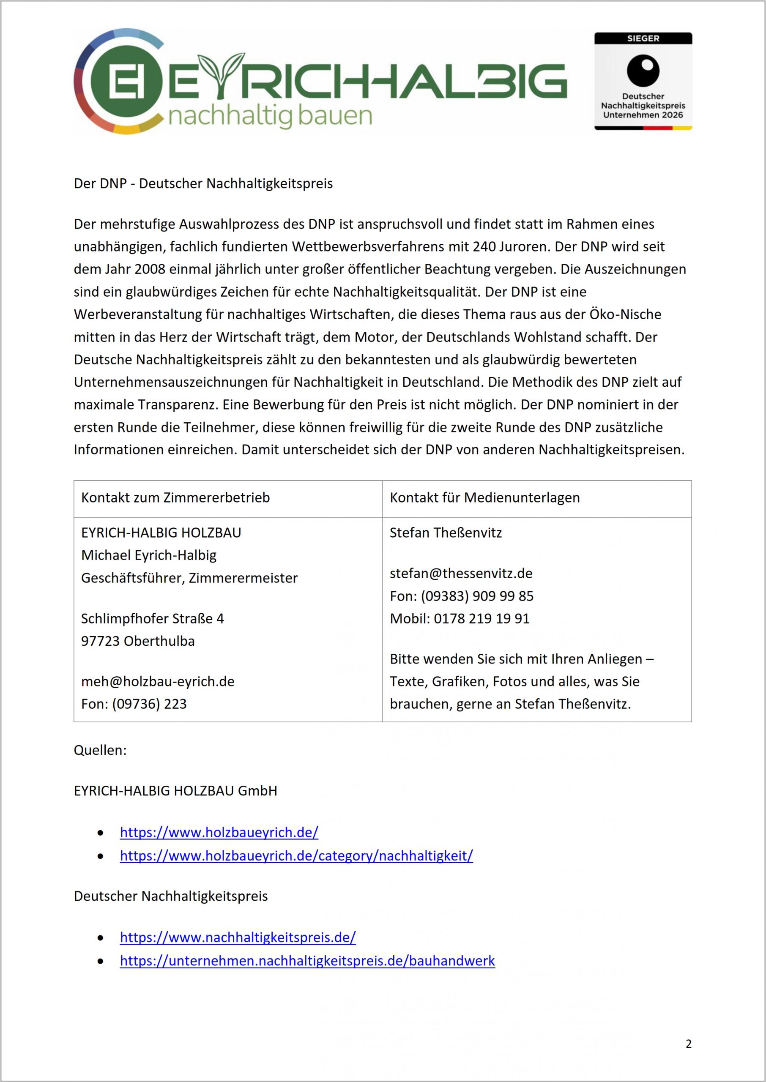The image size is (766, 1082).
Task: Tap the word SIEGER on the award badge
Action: (x=643, y=38)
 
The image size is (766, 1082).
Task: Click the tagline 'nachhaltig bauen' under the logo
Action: (x=270, y=115)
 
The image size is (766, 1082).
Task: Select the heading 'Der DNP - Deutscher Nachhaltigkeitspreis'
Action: (x=203, y=183)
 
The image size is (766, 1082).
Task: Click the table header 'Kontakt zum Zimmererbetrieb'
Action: (x=175, y=498)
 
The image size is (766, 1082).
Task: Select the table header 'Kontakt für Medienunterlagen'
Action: (x=484, y=498)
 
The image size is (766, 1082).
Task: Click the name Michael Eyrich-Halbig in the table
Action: (x=148, y=555)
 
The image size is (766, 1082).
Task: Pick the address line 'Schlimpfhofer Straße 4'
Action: (x=152, y=618)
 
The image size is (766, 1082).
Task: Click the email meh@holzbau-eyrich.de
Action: (x=158, y=681)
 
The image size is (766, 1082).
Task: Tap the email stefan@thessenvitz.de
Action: (x=461, y=573)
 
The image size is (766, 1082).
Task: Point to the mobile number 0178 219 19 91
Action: (x=481, y=618)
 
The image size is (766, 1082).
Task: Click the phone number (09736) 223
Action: (x=149, y=704)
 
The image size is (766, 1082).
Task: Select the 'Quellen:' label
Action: (x=100, y=750)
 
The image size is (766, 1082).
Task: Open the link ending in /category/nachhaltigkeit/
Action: (x=296, y=856)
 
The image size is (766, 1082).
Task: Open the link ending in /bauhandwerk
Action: (x=307, y=961)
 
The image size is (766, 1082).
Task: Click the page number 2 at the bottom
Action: (x=688, y=1044)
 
